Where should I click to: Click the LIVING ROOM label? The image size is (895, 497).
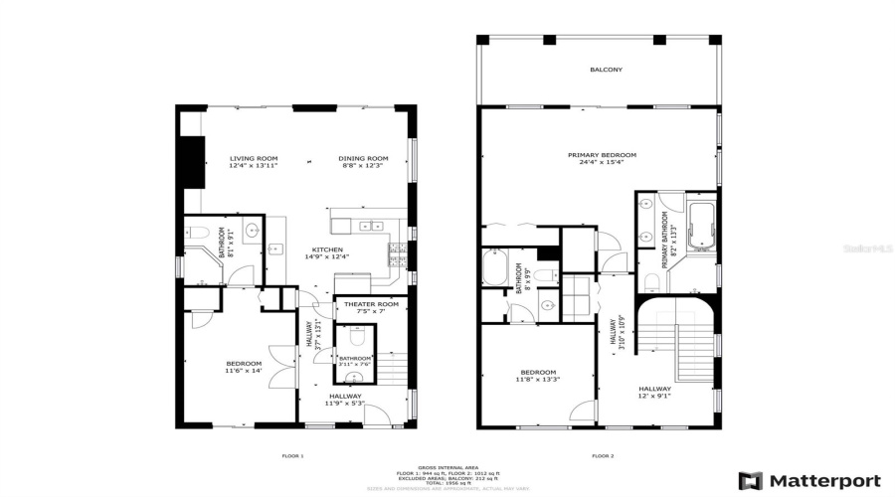(x=254, y=159)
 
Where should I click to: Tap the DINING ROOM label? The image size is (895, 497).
(x=364, y=159)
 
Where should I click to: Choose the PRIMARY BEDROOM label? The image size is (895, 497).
(x=602, y=155)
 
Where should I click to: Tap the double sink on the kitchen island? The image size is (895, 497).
(x=371, y=226)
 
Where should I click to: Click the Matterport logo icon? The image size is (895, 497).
(x=751, y=480)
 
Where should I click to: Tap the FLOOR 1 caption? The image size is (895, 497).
(x=293, y=456)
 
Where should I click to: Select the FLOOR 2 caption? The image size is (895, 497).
(x=603, y=456)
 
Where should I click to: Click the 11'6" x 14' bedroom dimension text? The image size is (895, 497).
(x=244, y=371)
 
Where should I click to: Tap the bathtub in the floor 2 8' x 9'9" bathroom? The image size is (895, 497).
(x=495, y=268)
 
